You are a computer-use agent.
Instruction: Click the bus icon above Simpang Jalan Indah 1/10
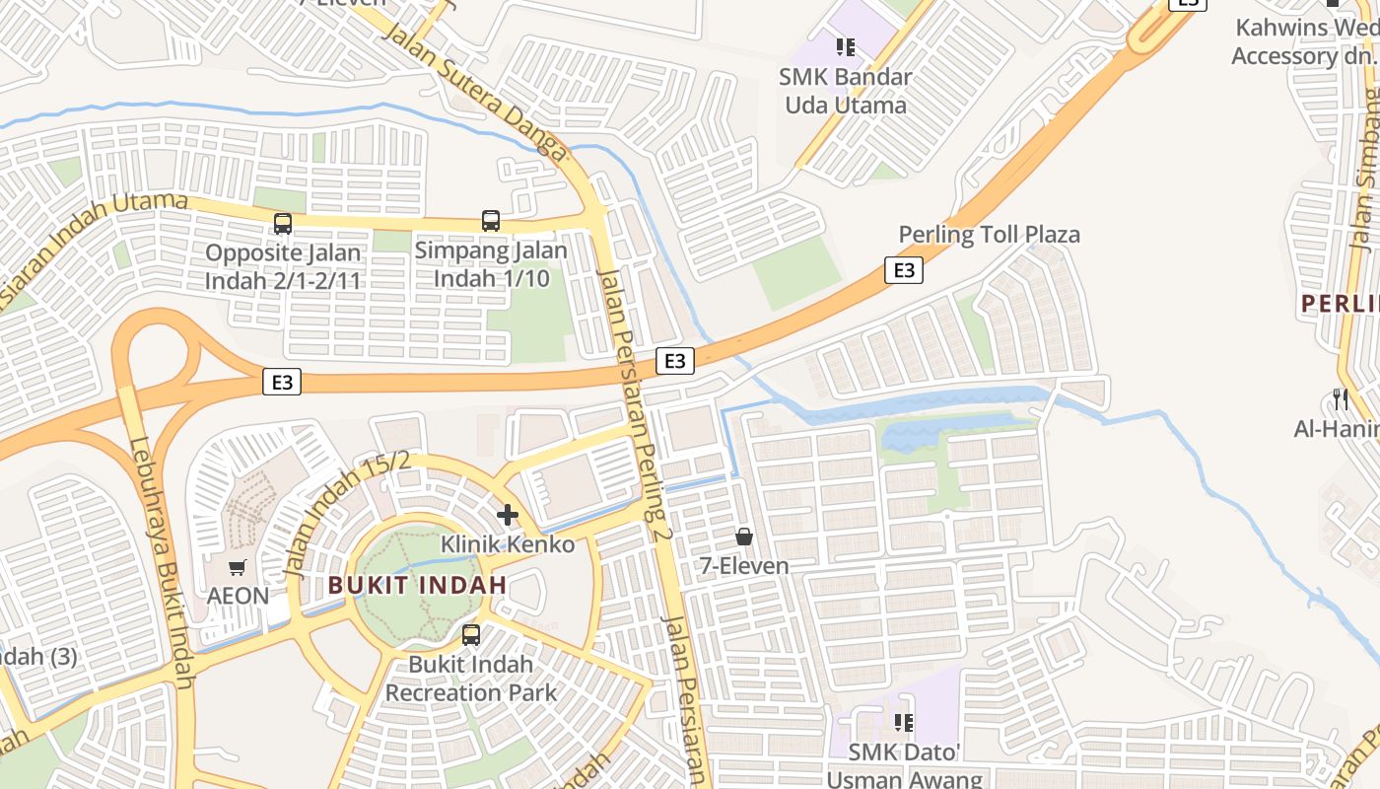tap(491, 221)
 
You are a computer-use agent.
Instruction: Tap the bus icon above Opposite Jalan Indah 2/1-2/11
tap(283, 224)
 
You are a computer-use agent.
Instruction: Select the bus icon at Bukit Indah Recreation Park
tap(471, 635)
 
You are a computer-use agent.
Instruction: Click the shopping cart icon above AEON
tap(237, 567)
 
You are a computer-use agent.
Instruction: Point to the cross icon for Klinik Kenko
tap(508, 515)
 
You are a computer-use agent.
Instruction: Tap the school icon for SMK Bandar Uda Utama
tap(845, 46)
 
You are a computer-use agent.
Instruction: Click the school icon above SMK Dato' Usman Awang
tap(904, 723)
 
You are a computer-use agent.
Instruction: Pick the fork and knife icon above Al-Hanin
tap(1340, 399)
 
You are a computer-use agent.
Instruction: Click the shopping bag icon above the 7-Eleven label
tap(744, 537)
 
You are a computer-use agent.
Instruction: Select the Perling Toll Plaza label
tap(989, 235)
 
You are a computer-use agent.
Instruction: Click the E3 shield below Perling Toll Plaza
tap(904, 270)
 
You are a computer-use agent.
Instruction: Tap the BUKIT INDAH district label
tap(417, 585)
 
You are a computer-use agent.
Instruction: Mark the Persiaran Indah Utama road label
tap(94, 247)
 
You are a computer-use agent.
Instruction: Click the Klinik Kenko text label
tap(507, 544)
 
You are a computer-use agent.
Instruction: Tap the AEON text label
tap(238, 596)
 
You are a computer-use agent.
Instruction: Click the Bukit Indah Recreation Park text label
tap(470, 679)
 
